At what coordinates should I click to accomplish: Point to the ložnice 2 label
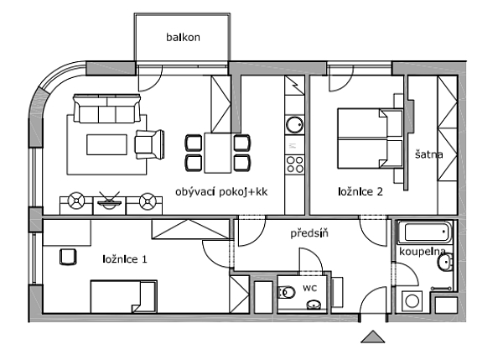(360, 191)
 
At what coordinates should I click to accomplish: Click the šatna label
(429, 154)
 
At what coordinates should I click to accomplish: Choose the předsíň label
(309, 234)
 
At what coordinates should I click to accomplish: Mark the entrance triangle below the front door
(372, 337)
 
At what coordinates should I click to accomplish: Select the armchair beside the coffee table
(150, 143)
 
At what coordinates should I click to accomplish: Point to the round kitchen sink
(294, 125)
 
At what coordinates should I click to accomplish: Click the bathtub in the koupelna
(425, 232)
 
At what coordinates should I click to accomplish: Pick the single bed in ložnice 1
(122, 297)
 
